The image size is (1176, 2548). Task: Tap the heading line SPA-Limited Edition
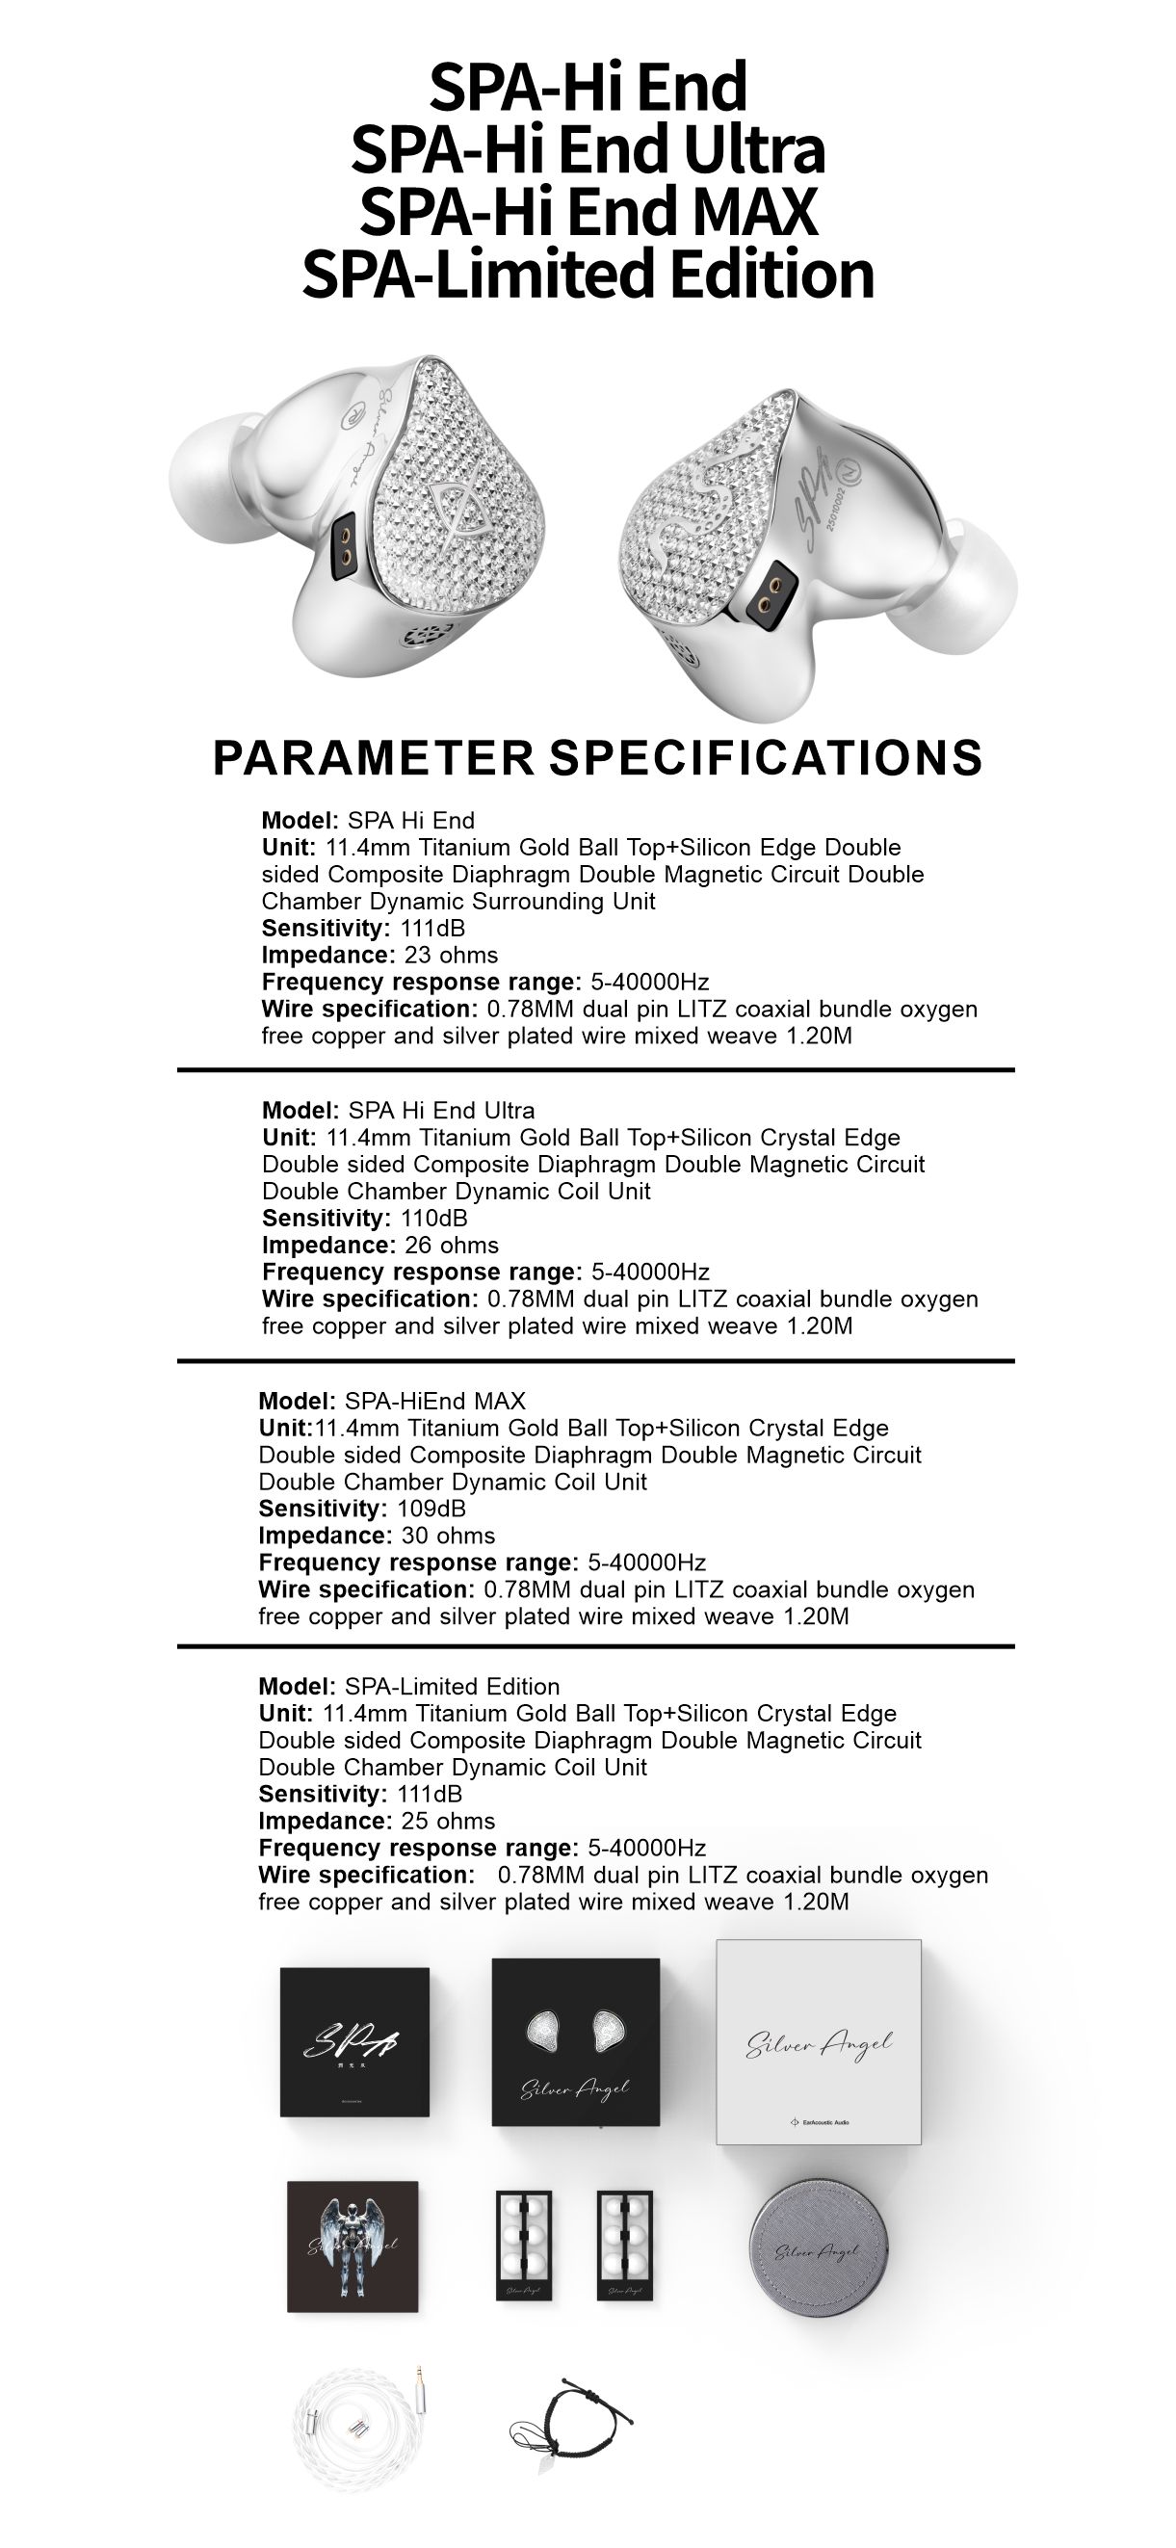click(588, 273)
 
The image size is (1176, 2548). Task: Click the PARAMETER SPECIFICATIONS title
click(597, 758)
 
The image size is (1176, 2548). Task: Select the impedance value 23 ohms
click(451, 956)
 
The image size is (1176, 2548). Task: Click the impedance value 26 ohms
click(452, 1246)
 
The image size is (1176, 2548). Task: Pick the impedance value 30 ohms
click(448, 1537)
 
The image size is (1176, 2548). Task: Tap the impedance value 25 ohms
click(448, 1821)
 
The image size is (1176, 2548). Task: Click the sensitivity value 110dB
click(434, 1219)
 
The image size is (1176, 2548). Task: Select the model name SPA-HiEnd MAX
click(435, 1402)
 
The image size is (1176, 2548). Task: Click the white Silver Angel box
click(818, 2041)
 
